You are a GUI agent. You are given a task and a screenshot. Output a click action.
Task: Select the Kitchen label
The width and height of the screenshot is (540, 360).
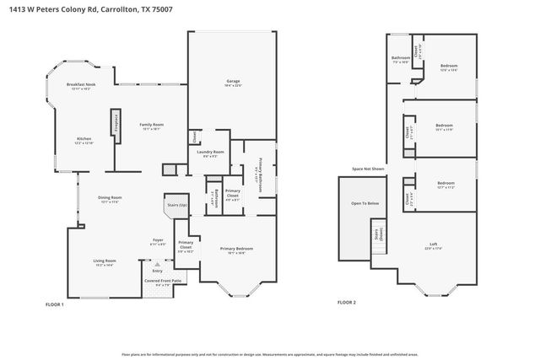[84, 140]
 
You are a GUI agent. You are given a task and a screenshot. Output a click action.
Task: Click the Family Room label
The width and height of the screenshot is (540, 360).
[151, 126]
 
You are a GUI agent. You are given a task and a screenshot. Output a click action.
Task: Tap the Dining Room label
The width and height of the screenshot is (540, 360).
[111, 200]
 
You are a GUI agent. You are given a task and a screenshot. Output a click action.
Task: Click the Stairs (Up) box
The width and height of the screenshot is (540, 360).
[175, 206]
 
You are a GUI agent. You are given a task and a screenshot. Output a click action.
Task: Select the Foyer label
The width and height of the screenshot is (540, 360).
[158, 241]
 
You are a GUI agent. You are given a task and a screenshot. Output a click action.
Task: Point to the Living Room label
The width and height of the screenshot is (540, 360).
[105, 262]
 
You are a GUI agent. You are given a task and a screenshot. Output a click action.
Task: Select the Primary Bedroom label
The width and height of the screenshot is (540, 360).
[236, 250]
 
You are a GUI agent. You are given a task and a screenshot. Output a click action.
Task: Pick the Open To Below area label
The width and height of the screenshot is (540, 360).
[364, 204]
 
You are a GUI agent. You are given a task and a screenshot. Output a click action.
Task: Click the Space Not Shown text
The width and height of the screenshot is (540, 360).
[368, 169]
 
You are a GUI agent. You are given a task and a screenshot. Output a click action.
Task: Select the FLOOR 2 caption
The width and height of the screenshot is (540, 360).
[347, 302]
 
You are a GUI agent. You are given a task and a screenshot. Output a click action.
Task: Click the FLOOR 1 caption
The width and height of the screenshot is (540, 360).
[54, 304]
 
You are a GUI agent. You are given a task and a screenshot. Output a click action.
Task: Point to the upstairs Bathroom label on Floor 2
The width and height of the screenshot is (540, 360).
[400, 60]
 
